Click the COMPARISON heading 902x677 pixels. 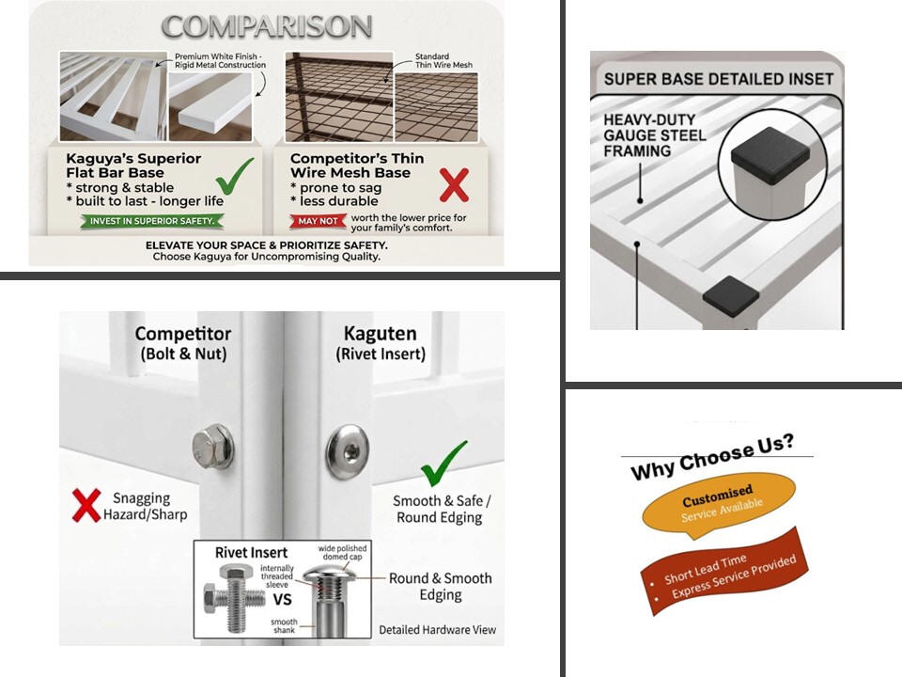click(267, 27)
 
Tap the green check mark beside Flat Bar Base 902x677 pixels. click(234, 177)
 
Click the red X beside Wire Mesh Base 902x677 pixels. click(454, 185)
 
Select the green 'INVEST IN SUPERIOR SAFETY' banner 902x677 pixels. click(152, 221)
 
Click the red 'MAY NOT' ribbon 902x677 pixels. click(318, 221)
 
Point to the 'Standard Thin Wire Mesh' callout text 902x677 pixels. click(443, 61)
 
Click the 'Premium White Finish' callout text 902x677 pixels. click(220, 61)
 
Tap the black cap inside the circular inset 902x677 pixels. click(770, 154)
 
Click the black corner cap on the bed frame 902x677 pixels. click(731, 295)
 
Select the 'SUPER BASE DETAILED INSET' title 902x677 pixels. click(719, 79)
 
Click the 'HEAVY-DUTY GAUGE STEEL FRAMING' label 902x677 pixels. click(655, 135)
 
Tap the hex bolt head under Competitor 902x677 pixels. click(211, 447)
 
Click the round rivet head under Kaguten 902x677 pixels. click(347, 452)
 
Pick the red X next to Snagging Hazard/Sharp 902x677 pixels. click(86, 505)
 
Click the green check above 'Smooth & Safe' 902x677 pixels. click(443, 464)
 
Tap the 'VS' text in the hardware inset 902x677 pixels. click(282, 600)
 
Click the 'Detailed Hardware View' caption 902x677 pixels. click(437, 630)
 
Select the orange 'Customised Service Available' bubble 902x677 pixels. click(719, 503)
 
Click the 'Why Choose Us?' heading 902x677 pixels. click(713, 457)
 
